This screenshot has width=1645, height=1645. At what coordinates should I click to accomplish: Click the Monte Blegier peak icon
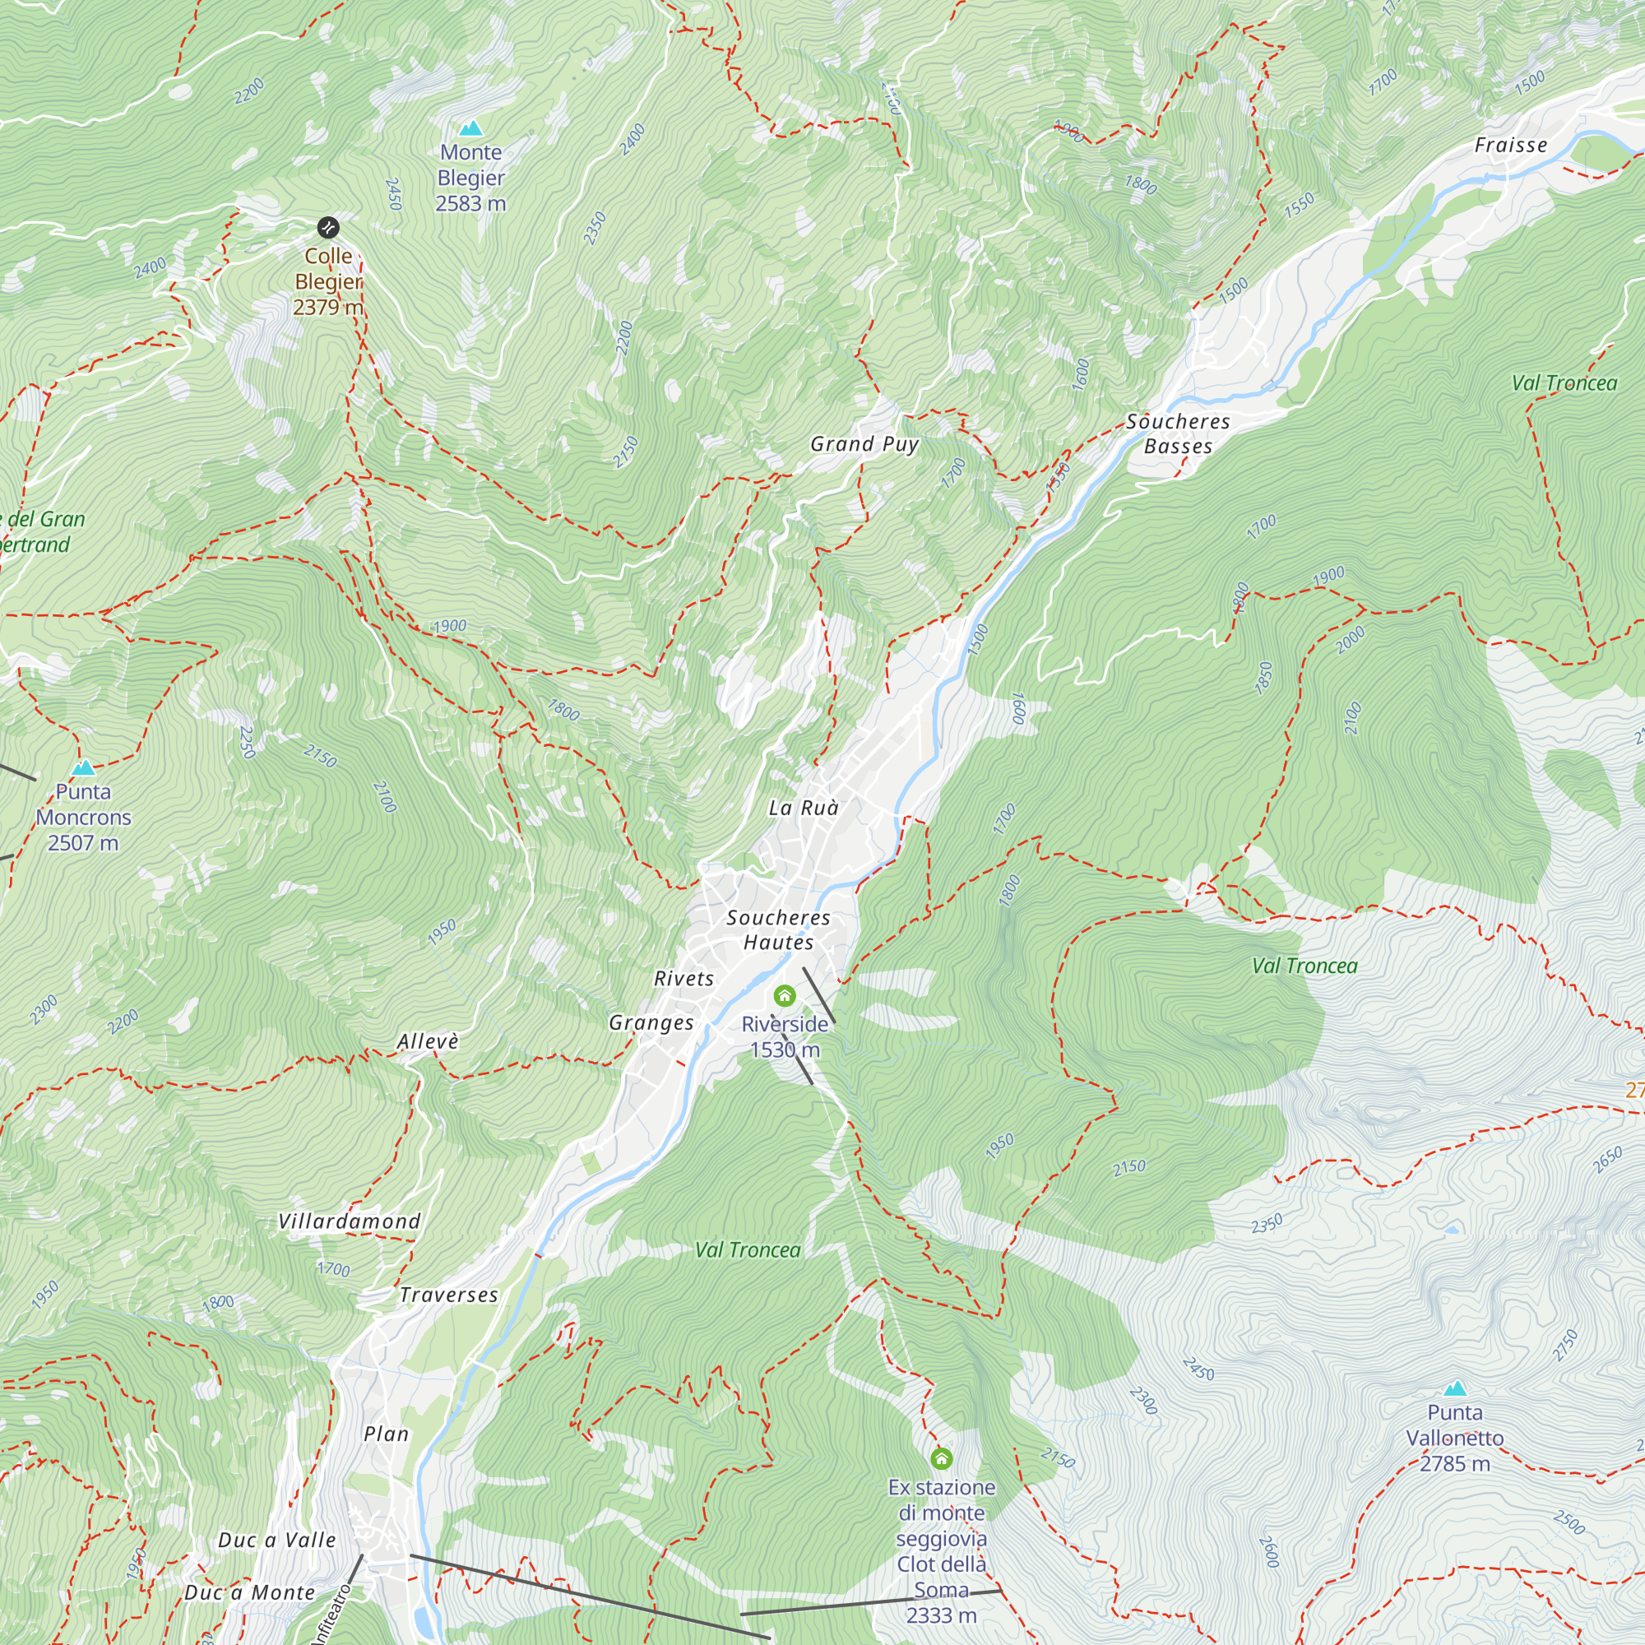(470, 128)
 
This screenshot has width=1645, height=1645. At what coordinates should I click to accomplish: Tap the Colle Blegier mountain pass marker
(329, 227)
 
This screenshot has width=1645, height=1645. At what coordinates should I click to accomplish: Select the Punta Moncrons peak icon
(83, 767)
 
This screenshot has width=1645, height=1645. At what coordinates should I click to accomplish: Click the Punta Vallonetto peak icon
(1455, 1388)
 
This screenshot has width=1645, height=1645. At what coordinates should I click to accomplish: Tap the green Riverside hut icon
(784, 995)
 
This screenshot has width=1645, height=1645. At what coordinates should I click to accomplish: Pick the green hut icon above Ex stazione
(941, 1458)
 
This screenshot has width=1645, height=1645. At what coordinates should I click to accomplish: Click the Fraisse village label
(1510, 146)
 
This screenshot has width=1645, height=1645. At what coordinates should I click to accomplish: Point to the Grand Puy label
(864, 443)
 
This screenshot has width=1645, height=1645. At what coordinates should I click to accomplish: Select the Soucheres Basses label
(1178, 433)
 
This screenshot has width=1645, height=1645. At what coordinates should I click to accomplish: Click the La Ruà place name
(803, 808)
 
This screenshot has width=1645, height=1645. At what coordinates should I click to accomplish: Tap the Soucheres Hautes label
(778, 929)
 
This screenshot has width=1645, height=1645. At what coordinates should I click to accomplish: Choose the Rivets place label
(683, 979)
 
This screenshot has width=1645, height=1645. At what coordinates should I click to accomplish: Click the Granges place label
(651, 1022)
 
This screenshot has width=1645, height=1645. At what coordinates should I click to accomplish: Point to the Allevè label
(428, 1042)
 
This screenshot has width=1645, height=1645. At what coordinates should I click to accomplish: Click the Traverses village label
(449, 1295)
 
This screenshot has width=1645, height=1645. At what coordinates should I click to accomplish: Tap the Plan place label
(387, 1434)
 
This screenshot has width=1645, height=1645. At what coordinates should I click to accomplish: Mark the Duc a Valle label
(276, 1540)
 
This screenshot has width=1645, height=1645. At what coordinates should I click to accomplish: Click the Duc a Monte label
(249, 1592)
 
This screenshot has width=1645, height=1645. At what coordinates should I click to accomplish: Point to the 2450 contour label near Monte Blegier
(393, 194)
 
